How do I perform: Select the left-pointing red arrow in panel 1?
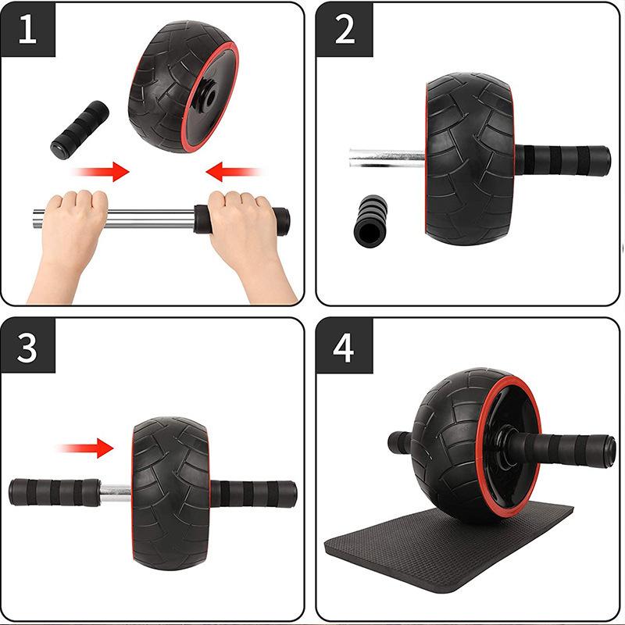[234, 171]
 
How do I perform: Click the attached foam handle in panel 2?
[562, 159]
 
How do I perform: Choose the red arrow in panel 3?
[86, 448]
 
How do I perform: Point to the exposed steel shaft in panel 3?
[116, 492]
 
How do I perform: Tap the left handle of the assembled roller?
[400, 442]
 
